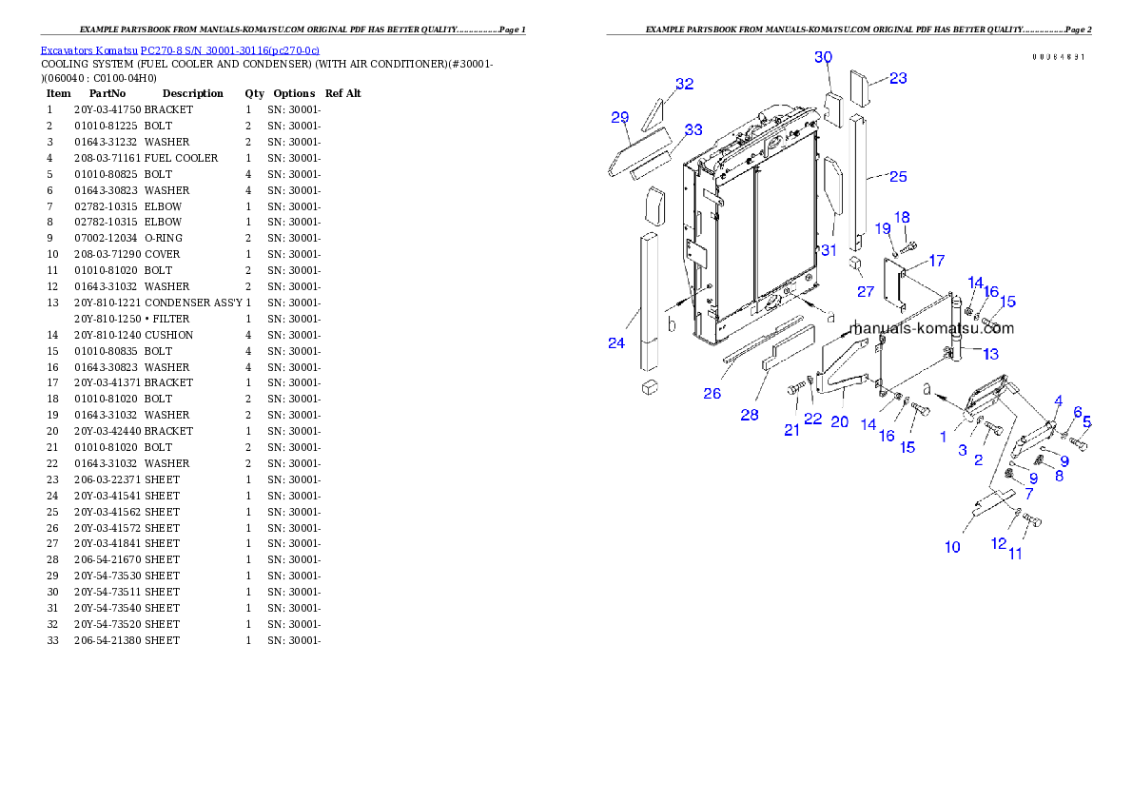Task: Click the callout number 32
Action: click(685, 84)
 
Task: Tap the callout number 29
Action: click(620, 118)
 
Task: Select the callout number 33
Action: click(693, 129)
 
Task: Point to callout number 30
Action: click(823, 57)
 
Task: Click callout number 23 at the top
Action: click(898, 78)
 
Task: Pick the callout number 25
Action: click(898, 176)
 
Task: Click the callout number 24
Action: click(616, 342)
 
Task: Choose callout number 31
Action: click(829, 250)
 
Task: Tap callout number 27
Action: click(865, 291)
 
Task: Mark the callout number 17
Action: click(937, 261)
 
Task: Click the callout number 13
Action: click(990, 354)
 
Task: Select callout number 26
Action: click(712, 393)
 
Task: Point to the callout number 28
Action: click(750, 415)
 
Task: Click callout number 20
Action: click(839, 421)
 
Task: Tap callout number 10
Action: click(952, 546)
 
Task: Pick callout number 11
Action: click(1016, 554)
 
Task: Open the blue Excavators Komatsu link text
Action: click(180, 49)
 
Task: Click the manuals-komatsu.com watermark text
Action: click(931, 329)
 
